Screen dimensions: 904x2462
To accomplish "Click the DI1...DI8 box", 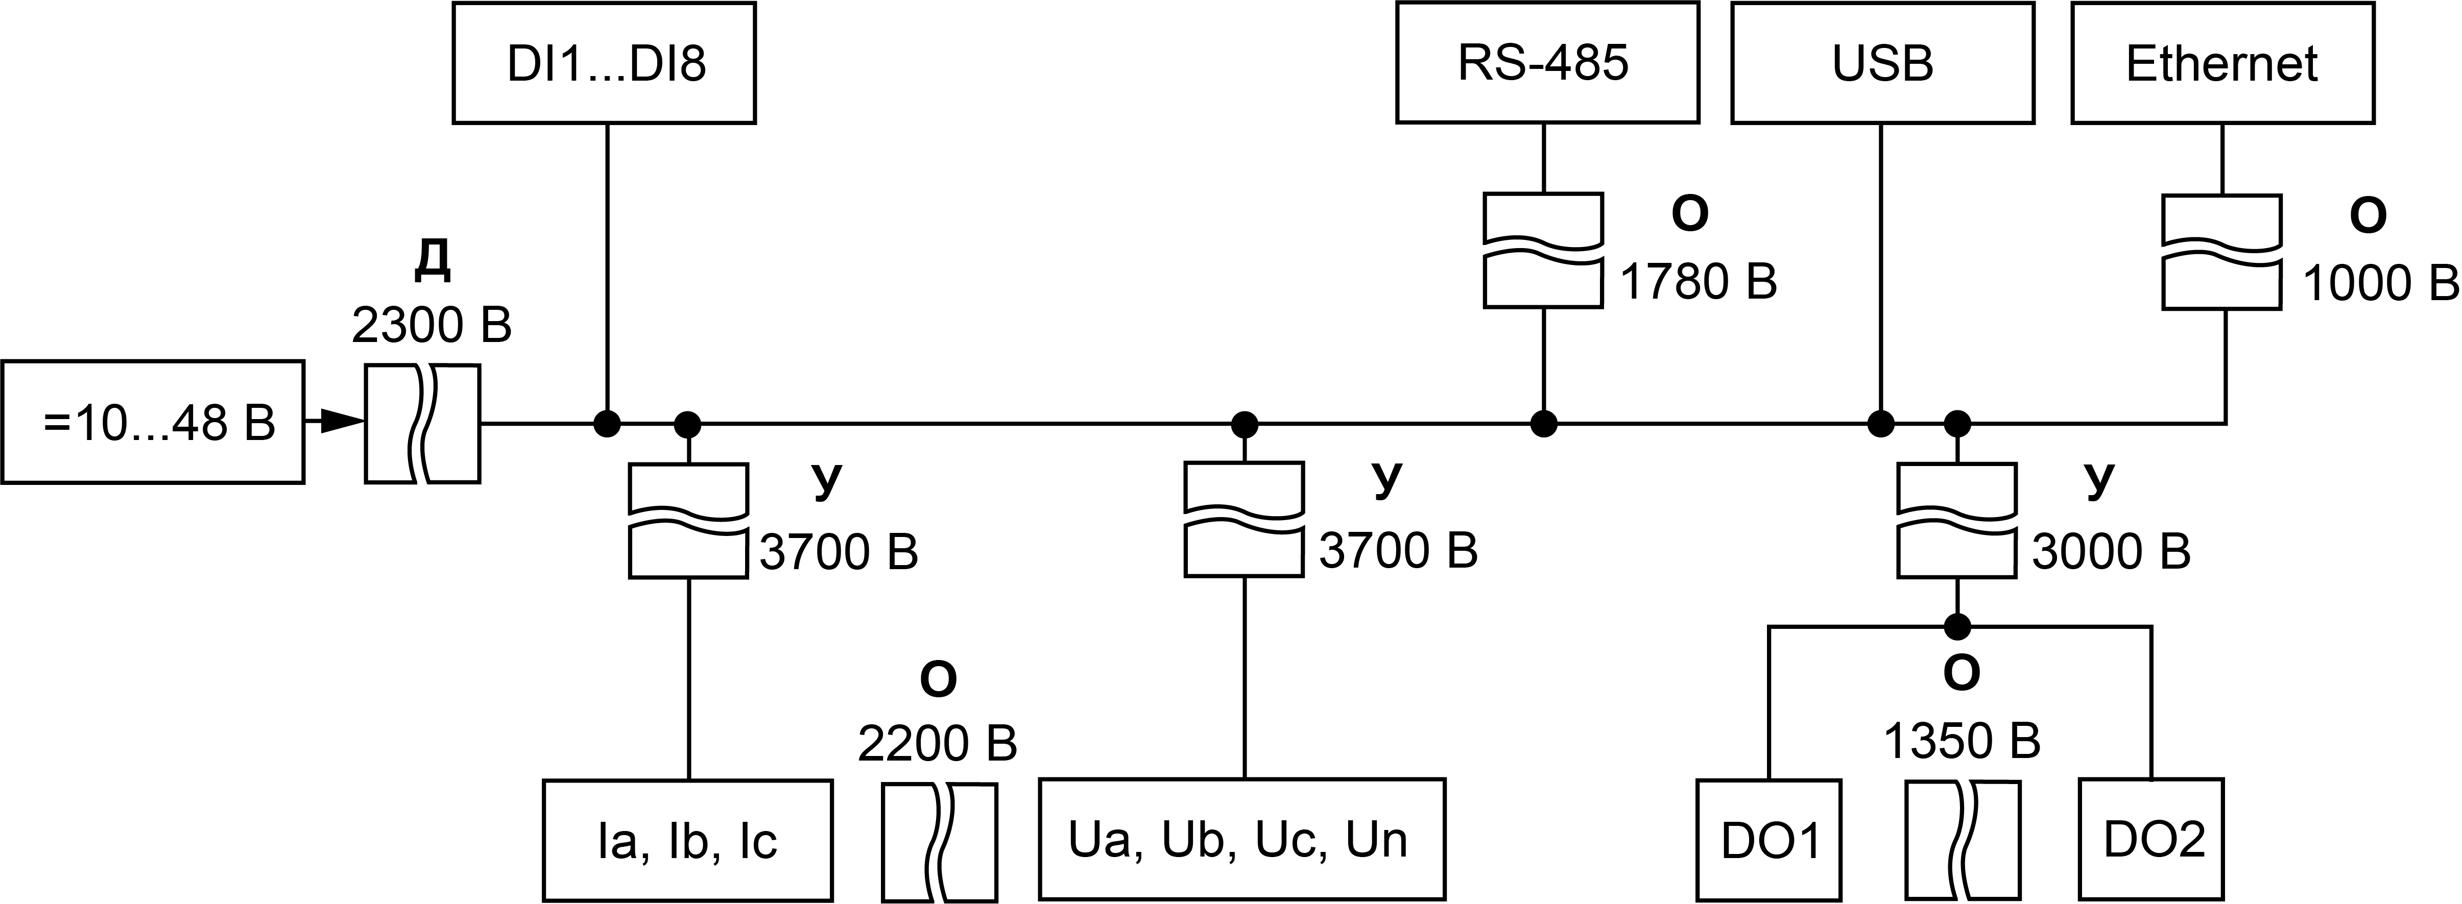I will click(x=604, y=63).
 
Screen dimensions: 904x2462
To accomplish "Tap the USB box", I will click(x=1882, y=63).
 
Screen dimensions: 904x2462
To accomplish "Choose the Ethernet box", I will click(x=2222, y=63).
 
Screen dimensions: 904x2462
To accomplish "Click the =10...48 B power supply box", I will click(x=153, y=422).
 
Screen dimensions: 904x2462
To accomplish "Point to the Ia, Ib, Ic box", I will click(x=687, y=841).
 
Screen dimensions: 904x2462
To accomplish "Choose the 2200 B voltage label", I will click(x=937, y=743).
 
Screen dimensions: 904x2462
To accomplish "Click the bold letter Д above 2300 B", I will click(x=432, y=262).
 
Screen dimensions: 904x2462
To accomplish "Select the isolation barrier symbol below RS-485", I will click(x=1543, y=250).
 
